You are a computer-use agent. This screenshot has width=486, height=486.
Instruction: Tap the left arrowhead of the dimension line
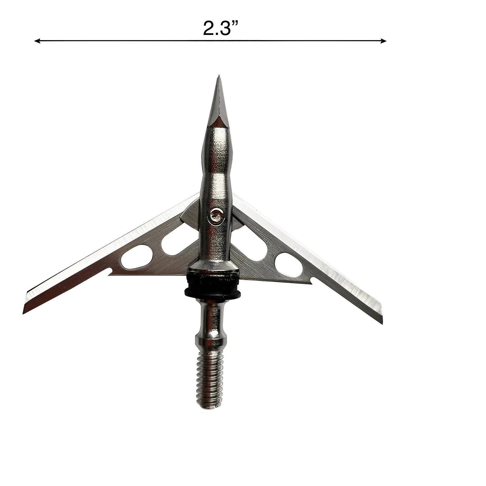coord(37,41)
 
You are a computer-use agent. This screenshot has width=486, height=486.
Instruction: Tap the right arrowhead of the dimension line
coord(384,40)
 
